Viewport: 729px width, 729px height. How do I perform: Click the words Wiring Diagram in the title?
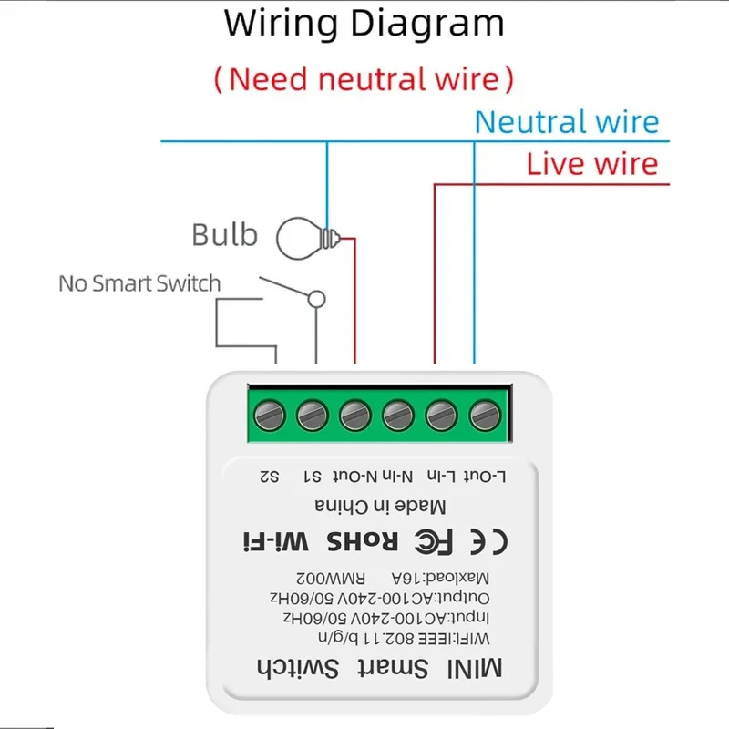[x=364, y=25]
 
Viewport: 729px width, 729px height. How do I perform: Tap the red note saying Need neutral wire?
[x=364, y=78]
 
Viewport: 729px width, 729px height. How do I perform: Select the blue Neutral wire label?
[x=566, y=122]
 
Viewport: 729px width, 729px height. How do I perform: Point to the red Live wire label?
[x=591, y=165]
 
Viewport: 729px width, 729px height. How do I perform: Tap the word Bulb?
[x=224, y=235]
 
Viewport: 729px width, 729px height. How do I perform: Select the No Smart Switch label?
[x=139, y=283]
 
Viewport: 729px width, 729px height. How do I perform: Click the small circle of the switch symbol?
[x=316, y=298]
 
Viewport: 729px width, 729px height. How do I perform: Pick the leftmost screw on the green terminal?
[x=268, y=416]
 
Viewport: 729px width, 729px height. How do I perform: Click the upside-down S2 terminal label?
[x=269, y=476]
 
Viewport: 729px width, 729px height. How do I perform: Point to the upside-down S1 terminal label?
[x=312, y=476]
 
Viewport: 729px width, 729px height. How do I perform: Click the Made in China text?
[x=381, y=507]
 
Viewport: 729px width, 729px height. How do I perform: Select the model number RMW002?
[x=319, y=577]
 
